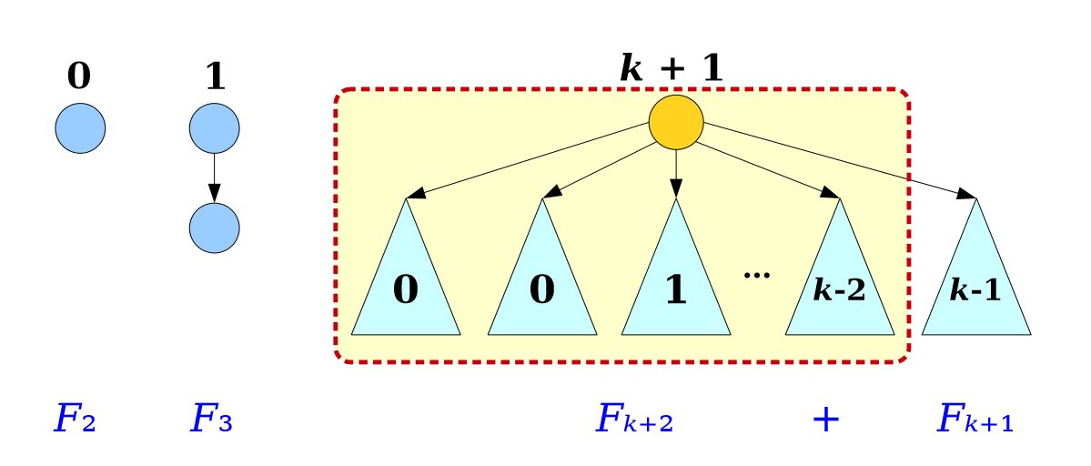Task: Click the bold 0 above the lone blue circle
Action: pos(79,76)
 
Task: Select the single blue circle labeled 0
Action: pos(80,128)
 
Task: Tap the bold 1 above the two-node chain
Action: pos(214,76)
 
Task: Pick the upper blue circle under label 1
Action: pos(214,128)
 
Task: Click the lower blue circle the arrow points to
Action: pos(214,227)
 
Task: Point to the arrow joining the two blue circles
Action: pos(214,177)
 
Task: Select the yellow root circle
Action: pos(676,121)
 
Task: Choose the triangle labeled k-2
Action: pos(839,282)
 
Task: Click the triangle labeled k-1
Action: pos(975,282)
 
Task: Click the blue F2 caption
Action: pos(75,420)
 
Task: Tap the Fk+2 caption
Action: pos(633,420)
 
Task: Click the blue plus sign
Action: pos(824,420)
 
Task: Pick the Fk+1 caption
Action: pos(975,420)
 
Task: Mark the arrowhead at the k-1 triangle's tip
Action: pos(969,195)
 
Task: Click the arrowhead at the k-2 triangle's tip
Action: pos(831,195)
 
